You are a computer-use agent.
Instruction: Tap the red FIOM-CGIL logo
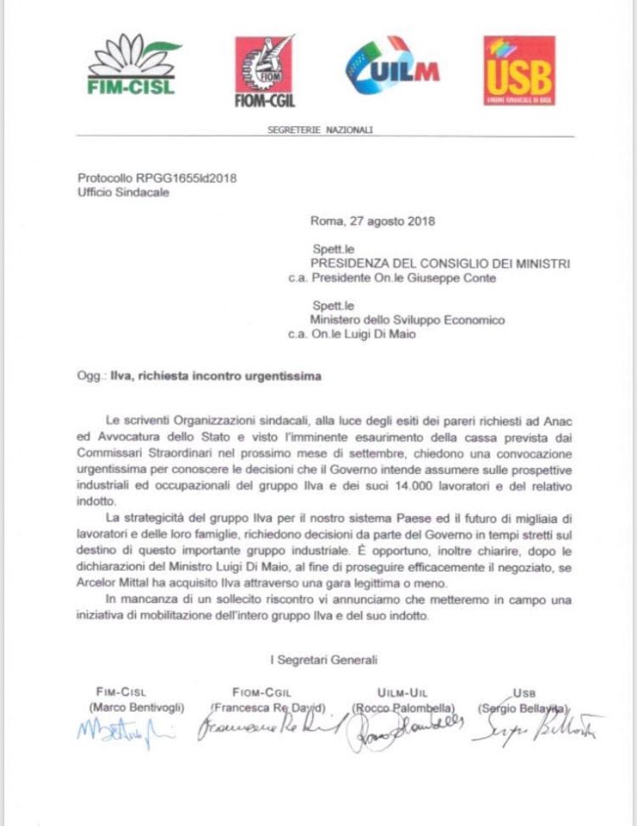click(x=265, y=71)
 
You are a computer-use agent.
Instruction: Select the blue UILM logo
click(x=391, y=66)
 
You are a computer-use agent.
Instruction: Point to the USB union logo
click(x=518, y=70)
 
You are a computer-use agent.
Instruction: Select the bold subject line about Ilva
click(x=222, y=377)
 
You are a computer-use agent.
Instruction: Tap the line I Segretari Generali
click(x=324, y=660)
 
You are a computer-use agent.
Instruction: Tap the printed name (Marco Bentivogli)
click(x=136, y=707)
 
